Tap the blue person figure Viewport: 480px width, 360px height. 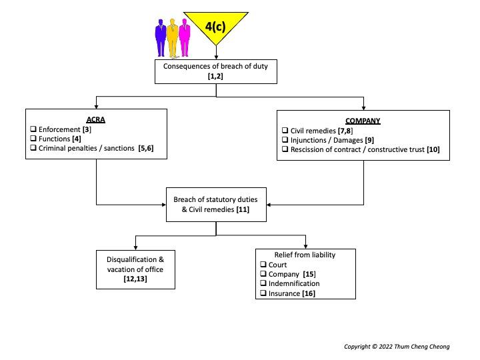[x=161, y=39]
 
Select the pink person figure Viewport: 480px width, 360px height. [x=185, y=39]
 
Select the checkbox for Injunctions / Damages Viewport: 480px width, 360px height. [x=285, y=140]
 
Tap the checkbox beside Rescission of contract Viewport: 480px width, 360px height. [x=285, y=150]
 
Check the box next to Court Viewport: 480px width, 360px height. [x=263, y=265]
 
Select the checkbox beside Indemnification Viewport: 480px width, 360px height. [x=263, y=284]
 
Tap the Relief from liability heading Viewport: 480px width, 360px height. [x=305, y=255]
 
